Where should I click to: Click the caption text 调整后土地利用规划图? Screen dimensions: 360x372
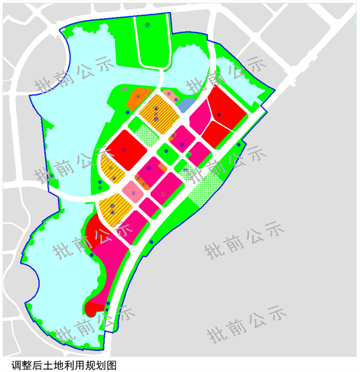click(64, 365)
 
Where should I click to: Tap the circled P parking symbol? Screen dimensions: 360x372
click(147, 25)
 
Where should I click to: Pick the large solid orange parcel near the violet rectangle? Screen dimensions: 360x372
click(138, 99)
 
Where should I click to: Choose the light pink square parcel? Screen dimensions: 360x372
click(134, 190)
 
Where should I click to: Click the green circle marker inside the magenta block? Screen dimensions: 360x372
click(164, 196)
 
